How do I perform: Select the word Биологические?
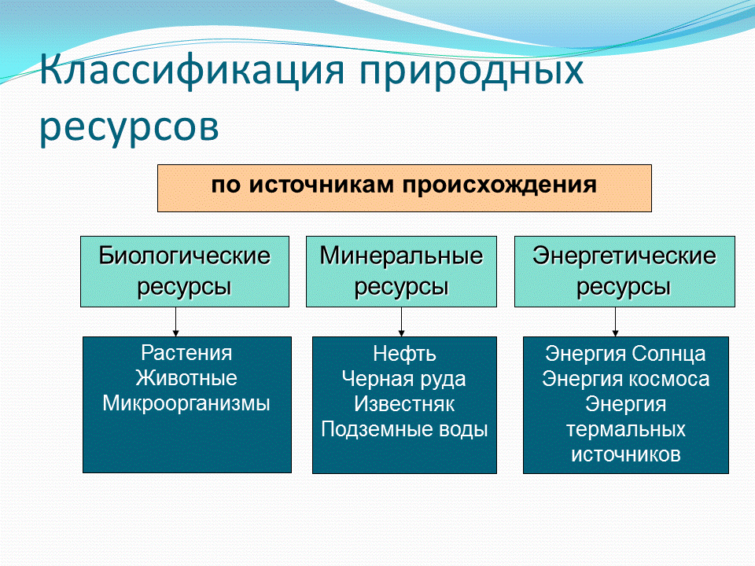pos(184,256)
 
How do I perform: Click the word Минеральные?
pos(401,256)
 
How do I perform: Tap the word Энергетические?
pos(624,256)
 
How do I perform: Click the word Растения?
pos(186,353)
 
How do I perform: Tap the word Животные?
pos(186,378)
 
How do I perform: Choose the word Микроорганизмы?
pos(186,403)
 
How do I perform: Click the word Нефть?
pos(404,354)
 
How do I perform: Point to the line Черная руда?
pos(404,379)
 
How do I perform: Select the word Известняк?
pos(404,404)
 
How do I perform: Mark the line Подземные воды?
pos(404,429)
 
